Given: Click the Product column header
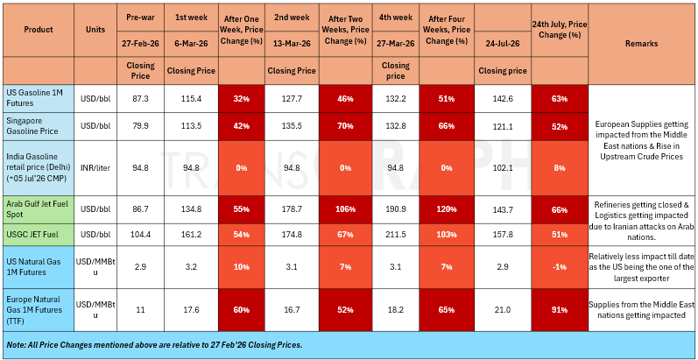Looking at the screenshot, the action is click(x=39, y=30).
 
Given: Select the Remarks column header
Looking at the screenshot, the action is click(x=641, y=44).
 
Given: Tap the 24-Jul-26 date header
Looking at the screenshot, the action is click(x=503, y=44).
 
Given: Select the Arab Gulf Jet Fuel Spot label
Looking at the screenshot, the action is click(x=36, y=209).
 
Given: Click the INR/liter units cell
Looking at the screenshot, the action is click(x=95, y=168).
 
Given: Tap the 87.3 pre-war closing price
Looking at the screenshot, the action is click(x=141, y=99).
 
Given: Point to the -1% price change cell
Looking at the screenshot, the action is click(x=560, y=266).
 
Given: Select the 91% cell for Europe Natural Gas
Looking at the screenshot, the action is click(x=560, y=310).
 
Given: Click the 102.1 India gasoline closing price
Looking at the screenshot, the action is click(x=503, y=168).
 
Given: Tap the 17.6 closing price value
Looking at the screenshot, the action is click(x=192, y=310).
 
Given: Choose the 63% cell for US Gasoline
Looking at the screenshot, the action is click(x=560, y=99).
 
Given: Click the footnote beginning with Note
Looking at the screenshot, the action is click(x=154, y=345).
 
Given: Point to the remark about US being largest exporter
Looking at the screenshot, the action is click(x=641, y=266).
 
